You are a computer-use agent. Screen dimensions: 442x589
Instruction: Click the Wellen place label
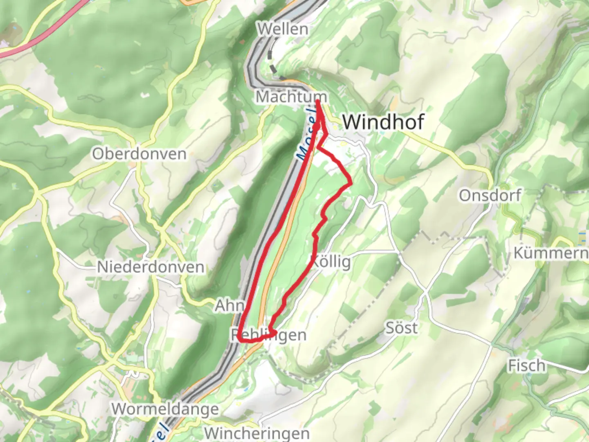pyautogui.click(x=283, y=29)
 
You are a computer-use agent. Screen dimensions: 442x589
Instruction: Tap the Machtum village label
pyautogui.click(x=291, y=97)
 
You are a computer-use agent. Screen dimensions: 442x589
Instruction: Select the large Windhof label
pyautogui.click(x=383, y=122)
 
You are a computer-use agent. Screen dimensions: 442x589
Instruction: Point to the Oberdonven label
pyautogui.click(x=139, y=154)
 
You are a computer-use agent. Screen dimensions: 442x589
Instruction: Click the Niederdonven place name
pyautogui.click(x=151, y=267)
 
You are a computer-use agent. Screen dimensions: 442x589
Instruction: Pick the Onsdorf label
pyautogui.click(x=490, y=196)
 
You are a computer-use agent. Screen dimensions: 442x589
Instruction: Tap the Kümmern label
pyautogui.click(x=551, y=253)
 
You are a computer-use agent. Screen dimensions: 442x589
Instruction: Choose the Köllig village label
pyautogui.click(x=331, y=262)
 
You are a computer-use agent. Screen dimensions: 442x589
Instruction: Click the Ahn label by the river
pyautogui.click(x=229, y=305)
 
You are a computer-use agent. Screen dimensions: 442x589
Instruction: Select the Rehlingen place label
pyautogui.click(x=269, y=335)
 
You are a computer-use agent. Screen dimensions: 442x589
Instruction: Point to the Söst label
pyautogui.click(x=402, y=328)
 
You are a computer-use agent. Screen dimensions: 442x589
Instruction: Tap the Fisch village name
pyautogui.click(x=527, y=365)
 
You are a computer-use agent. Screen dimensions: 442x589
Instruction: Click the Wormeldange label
pyautogui.click(x=165, y=409)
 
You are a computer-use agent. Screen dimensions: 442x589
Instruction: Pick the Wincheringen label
pyautogui.click(x=256, y=433)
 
